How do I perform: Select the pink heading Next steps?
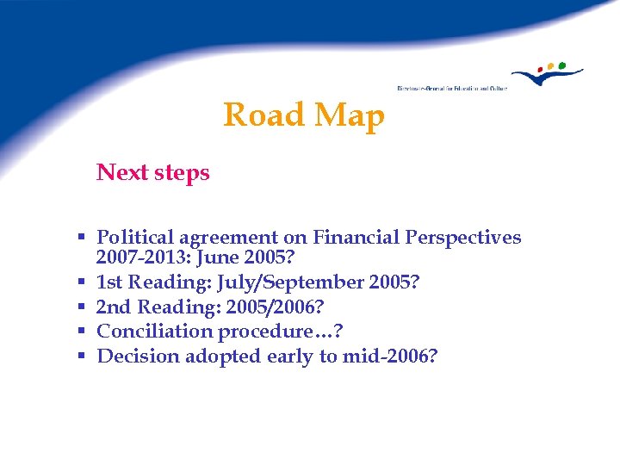tap(153, 172)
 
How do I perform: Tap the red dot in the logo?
tap(541, 69)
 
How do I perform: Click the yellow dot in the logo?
tap(551, 65)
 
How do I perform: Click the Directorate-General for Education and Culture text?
tap(452, 88)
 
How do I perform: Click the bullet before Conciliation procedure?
tap(79, 331)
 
